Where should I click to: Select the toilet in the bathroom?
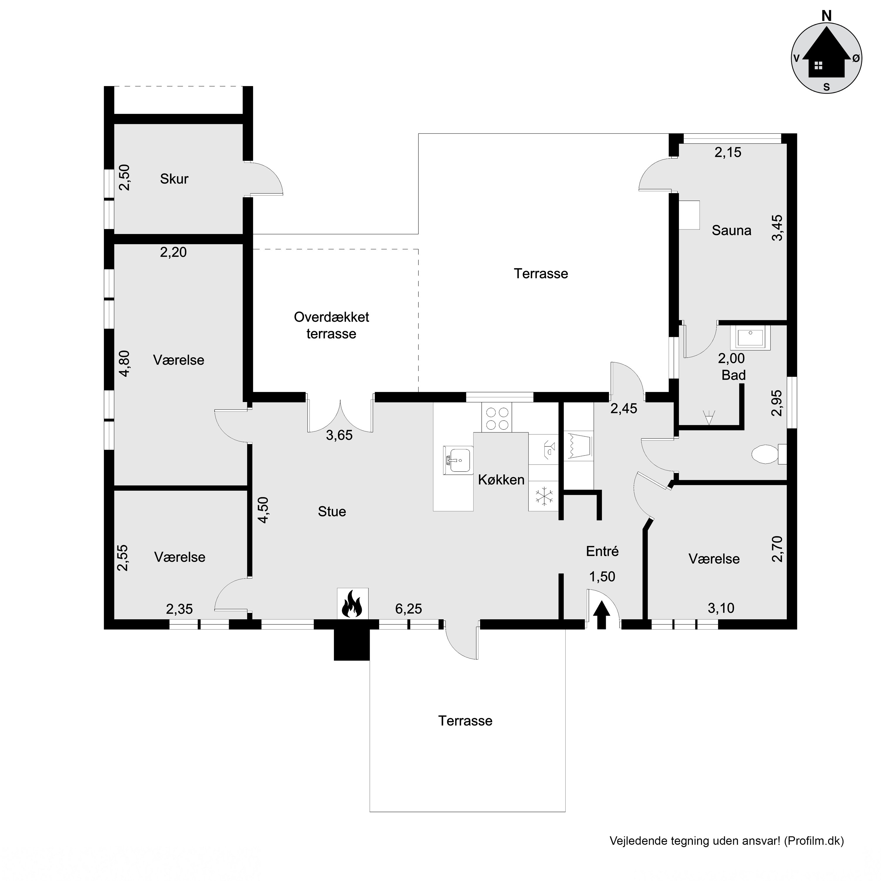(766, 454)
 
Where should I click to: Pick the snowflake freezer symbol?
(544, 496)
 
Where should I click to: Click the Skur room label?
(174, 179)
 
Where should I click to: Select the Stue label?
(332, 512)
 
